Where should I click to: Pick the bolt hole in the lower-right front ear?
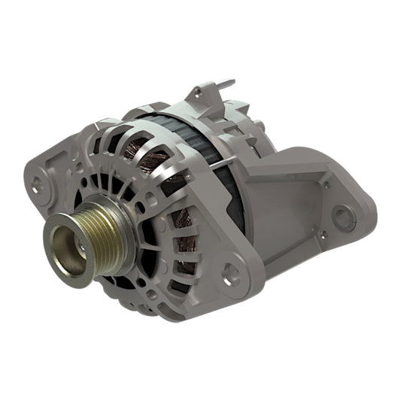[x=231, y=275]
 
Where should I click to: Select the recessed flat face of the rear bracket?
[x=282, y=199]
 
